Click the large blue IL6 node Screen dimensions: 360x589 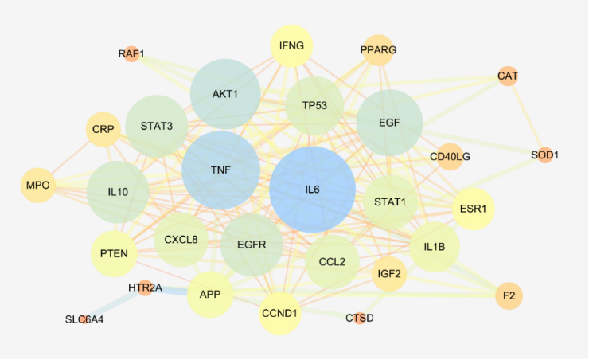[x=312, y=190]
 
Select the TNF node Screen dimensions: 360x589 [x=221, y=170]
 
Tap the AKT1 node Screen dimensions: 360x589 [x=225, y=94]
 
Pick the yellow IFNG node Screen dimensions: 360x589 [x=292, y=45]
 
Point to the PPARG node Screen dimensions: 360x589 [x=378, y=50]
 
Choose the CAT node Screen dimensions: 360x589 [x=508, y=76]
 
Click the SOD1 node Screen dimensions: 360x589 [x=545, y=155]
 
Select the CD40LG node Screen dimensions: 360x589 [x=450, y=157]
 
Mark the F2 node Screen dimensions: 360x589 [x=509, y=295]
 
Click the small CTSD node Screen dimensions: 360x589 [x=360, y=319]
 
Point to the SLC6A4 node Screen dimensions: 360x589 [x=84, y=319]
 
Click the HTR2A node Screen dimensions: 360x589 [x=145, y=288]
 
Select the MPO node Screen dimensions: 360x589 [x=38, y=186]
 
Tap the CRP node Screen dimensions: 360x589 [x=103, y=129]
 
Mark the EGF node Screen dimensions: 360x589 [x=389, y=123]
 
